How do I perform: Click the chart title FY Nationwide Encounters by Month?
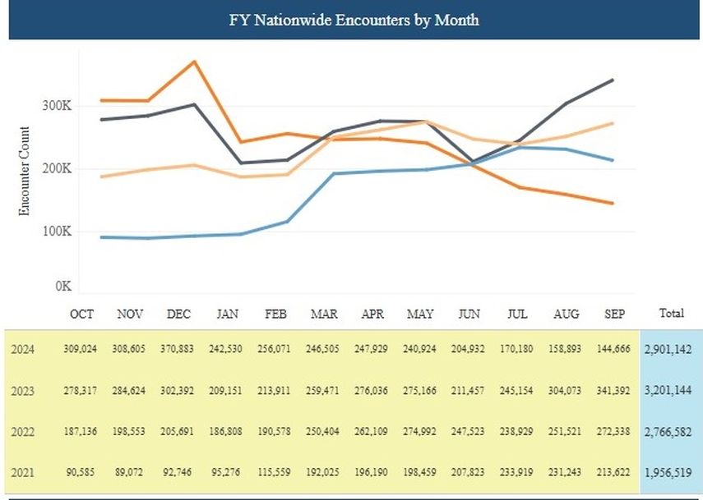[x=354, y=20]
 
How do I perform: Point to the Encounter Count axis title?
[x=24, y=172]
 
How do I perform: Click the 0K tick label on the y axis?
[x=63, y=287]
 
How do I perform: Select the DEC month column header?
[x=178, y=314]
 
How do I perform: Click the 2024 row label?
[x=23, y=349]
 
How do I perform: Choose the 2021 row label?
[x=23, y=472]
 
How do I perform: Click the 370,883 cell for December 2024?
[x=178, y=349]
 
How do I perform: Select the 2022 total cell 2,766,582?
[x=669, y=431]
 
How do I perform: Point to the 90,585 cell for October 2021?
[x=81, y=472]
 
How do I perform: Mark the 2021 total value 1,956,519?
[x=669, y=472]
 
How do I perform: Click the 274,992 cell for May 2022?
[x=420, y=431]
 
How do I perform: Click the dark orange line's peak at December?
[x=194, y=62]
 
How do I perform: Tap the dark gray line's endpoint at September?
[x=613, y=80]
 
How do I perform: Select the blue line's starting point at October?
[x=100, y=237]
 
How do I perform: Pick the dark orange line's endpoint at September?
[x=613, y=203]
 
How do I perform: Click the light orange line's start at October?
[x=100, y=177]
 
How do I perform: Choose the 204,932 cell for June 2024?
[x=469, y=349]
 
